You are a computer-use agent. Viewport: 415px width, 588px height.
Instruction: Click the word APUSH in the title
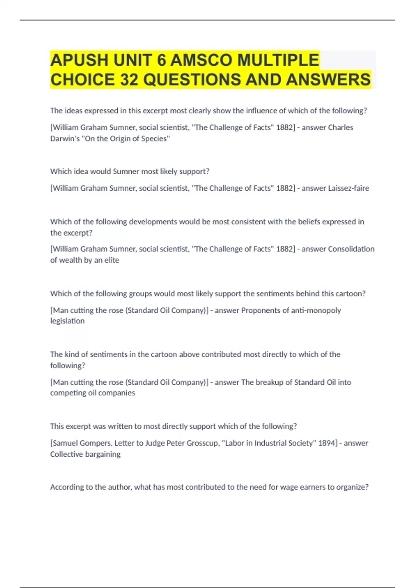click(79, 60)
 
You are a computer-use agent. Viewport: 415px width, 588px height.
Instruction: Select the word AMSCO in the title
click(201, 60)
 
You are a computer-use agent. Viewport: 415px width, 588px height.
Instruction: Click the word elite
click(112, 260)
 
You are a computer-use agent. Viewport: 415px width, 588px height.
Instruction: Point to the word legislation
click(67, 321)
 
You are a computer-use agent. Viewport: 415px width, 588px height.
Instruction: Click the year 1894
click(327, 443)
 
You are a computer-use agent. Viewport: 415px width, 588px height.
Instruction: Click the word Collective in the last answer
click(66, 454)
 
